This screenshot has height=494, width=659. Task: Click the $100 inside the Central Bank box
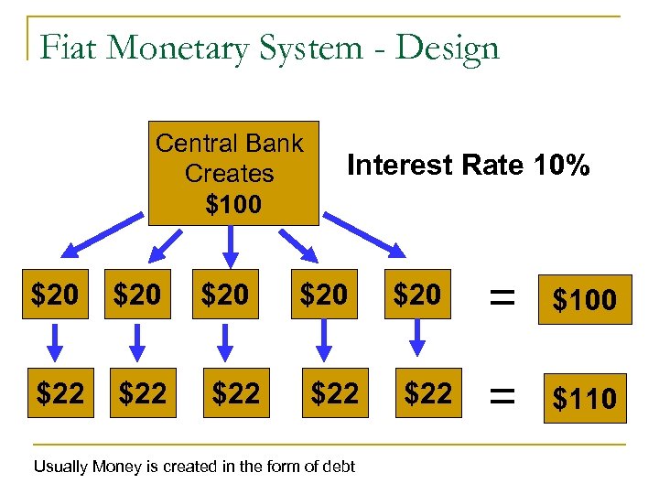[x=233, y=203]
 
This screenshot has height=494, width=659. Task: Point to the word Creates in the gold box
[x=229, y=173]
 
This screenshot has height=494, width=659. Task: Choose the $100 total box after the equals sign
[x=584, y=299]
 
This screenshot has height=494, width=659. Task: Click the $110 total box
[x=584, y=398]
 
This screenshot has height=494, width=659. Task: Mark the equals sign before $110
[x=499, y=395]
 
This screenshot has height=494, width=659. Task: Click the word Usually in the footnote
[x=62, y=467]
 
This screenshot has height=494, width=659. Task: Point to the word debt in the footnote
[x=338, y=467]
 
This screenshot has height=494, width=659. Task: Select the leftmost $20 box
[x=56, y=295]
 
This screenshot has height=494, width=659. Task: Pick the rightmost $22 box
[x=427, y=393]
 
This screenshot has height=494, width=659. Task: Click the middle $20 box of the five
[x=224, y=295]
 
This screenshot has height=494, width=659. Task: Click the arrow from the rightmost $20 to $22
[x=416, y=339]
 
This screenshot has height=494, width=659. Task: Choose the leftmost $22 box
[x=60, y=394]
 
